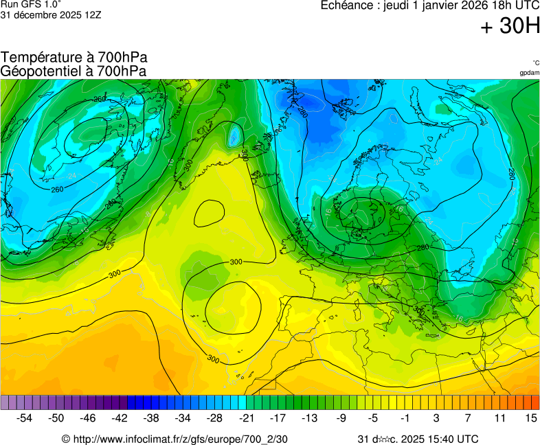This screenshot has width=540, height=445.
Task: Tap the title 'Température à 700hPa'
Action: (x=74, y=58)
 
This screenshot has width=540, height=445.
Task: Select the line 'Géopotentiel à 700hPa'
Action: (x=74, y=71)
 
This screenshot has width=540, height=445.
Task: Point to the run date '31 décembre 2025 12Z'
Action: (x=51, y=14)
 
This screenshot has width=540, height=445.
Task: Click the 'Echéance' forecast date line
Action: (x=430, y=5)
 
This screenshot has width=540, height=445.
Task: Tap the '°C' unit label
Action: (x=535, y=62)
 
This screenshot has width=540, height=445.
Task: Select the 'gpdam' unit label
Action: (x=529, y=72)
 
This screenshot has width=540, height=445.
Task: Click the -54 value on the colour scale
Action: (x=25, y=418)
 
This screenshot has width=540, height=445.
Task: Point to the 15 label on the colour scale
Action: (x=530, y=418)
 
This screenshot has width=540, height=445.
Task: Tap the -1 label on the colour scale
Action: (x=405, y=418)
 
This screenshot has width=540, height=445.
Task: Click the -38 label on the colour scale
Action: (x=151, y=418)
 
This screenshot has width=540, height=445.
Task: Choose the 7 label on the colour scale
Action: (x=467, y=418)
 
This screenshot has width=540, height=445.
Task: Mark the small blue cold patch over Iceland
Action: (x=234, y=135)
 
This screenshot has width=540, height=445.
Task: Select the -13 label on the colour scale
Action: (x=310, y=418)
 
